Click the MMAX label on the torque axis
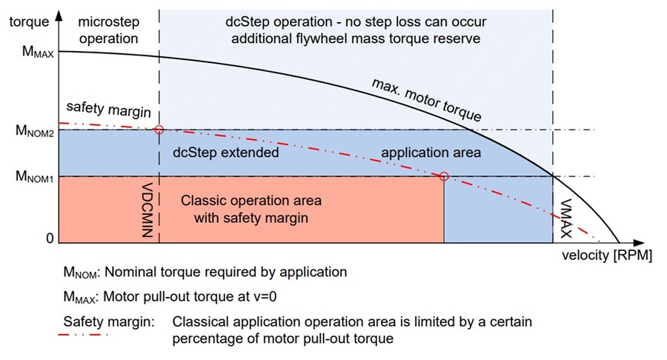38,52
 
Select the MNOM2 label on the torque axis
34,130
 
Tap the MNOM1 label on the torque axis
34,176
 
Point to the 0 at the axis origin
50,238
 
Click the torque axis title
29,21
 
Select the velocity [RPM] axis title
606,256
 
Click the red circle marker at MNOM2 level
159,130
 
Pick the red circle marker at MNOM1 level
444,176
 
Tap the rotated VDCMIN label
147,210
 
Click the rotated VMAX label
565,219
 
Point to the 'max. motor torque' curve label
426,100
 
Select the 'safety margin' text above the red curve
108,109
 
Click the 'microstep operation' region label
108,30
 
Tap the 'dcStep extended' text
225,153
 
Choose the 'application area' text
431,153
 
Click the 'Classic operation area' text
251,200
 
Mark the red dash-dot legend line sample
83,335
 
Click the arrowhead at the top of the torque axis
59,16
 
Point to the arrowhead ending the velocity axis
639,243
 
